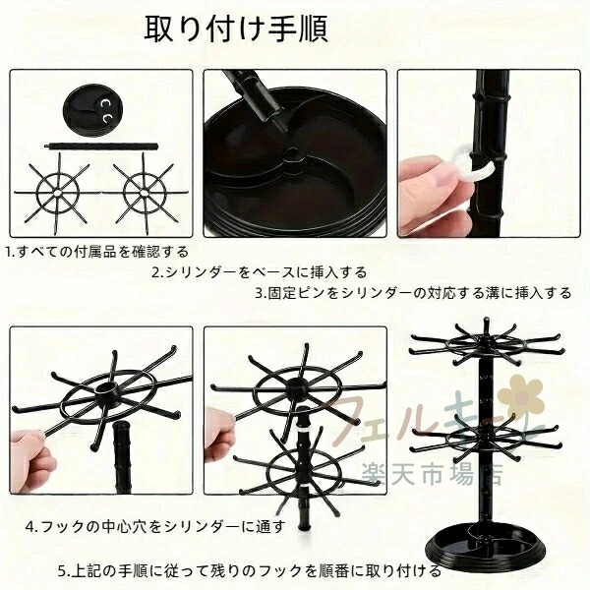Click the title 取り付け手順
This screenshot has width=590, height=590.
click(x=236, y=29)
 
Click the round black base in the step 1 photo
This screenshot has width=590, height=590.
click(x=92, y=109)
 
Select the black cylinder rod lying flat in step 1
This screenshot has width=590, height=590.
click(x=101, y=147)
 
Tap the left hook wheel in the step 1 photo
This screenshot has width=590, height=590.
click(x=57, y=193)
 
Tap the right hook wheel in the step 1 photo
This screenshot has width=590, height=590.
click(x=145, y=193)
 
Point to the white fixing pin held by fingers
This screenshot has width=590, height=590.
click(x=473, y=167)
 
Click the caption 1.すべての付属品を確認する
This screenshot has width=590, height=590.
click(x=96, y=252)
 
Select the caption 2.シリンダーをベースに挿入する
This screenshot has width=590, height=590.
click(x=260, y=272)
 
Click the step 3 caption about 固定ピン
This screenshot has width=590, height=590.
click(x=413, y=293)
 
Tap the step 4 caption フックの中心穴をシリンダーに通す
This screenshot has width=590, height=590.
click(x=155, y=526)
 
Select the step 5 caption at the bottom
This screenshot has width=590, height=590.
click(x=249, y=571)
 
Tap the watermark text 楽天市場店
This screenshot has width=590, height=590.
click(x=432, y=474)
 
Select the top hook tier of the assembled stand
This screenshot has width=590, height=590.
click(x=486, y=343)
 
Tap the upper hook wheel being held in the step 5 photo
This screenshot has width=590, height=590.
click(x=298, y=387)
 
